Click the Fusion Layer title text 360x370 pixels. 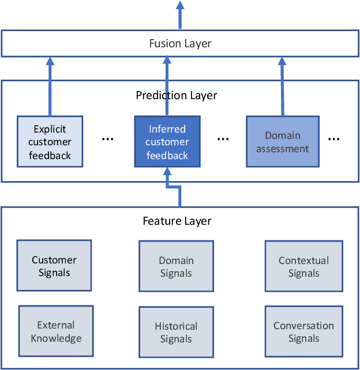click(180, 44)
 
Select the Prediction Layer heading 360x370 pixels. click(177, 95)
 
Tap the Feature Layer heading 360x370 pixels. click(177, 221)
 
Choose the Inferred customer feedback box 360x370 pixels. click(167, 142)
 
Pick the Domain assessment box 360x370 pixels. click(283, 142)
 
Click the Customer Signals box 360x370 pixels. click(54, 266)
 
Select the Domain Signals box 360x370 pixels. click(176, 267)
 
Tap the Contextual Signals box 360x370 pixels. click(303, 267)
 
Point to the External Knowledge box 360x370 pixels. click(56, 332)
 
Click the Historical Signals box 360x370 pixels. click(176, 333)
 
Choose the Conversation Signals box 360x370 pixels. click(303, 332)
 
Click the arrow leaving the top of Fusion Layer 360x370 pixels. click(180, 15)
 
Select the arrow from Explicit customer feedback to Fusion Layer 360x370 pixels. click(50, 86)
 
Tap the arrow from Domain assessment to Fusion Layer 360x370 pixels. click(282, 86)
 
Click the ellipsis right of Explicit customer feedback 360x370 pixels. click(108, 139)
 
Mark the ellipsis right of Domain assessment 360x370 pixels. click(333, 139)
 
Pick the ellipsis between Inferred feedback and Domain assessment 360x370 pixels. click(224, 139)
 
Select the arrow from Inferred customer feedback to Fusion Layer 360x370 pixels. click(167, 86)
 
